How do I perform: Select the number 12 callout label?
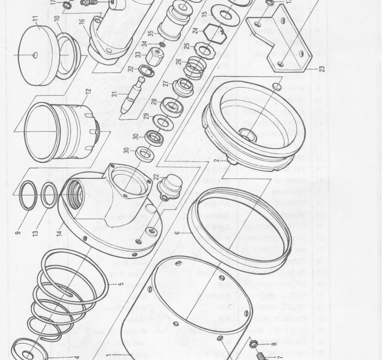pyautogui.click(x=88, y=92)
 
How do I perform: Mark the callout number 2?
pyautogui.click(x=217, y=160)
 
